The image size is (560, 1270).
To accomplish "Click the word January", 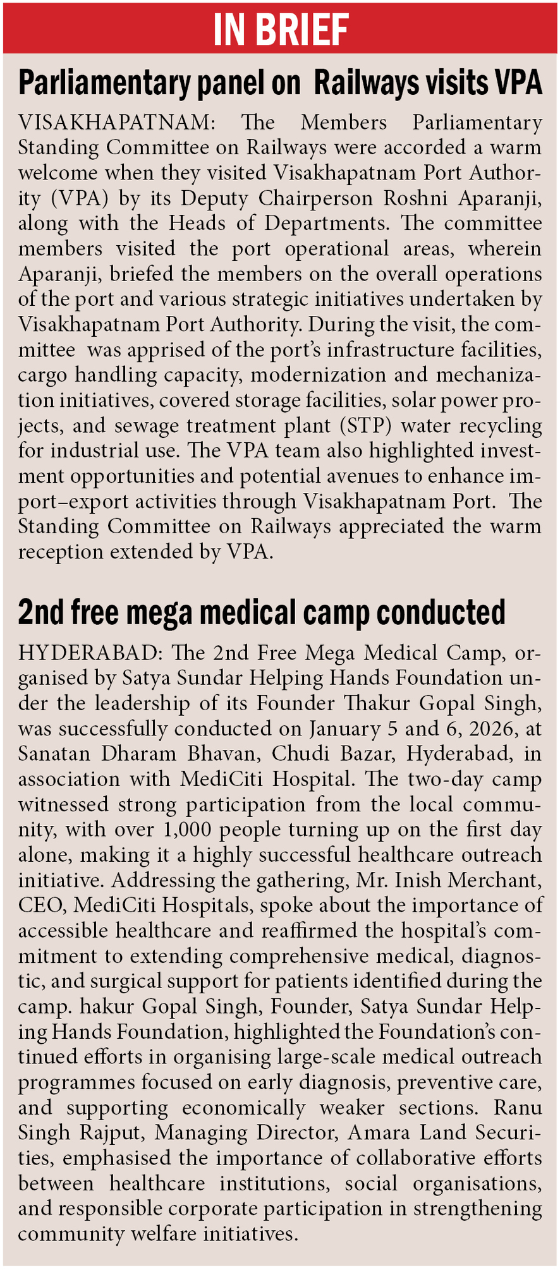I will coord(344,728).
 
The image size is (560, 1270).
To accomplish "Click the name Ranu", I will coord(518,1107).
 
